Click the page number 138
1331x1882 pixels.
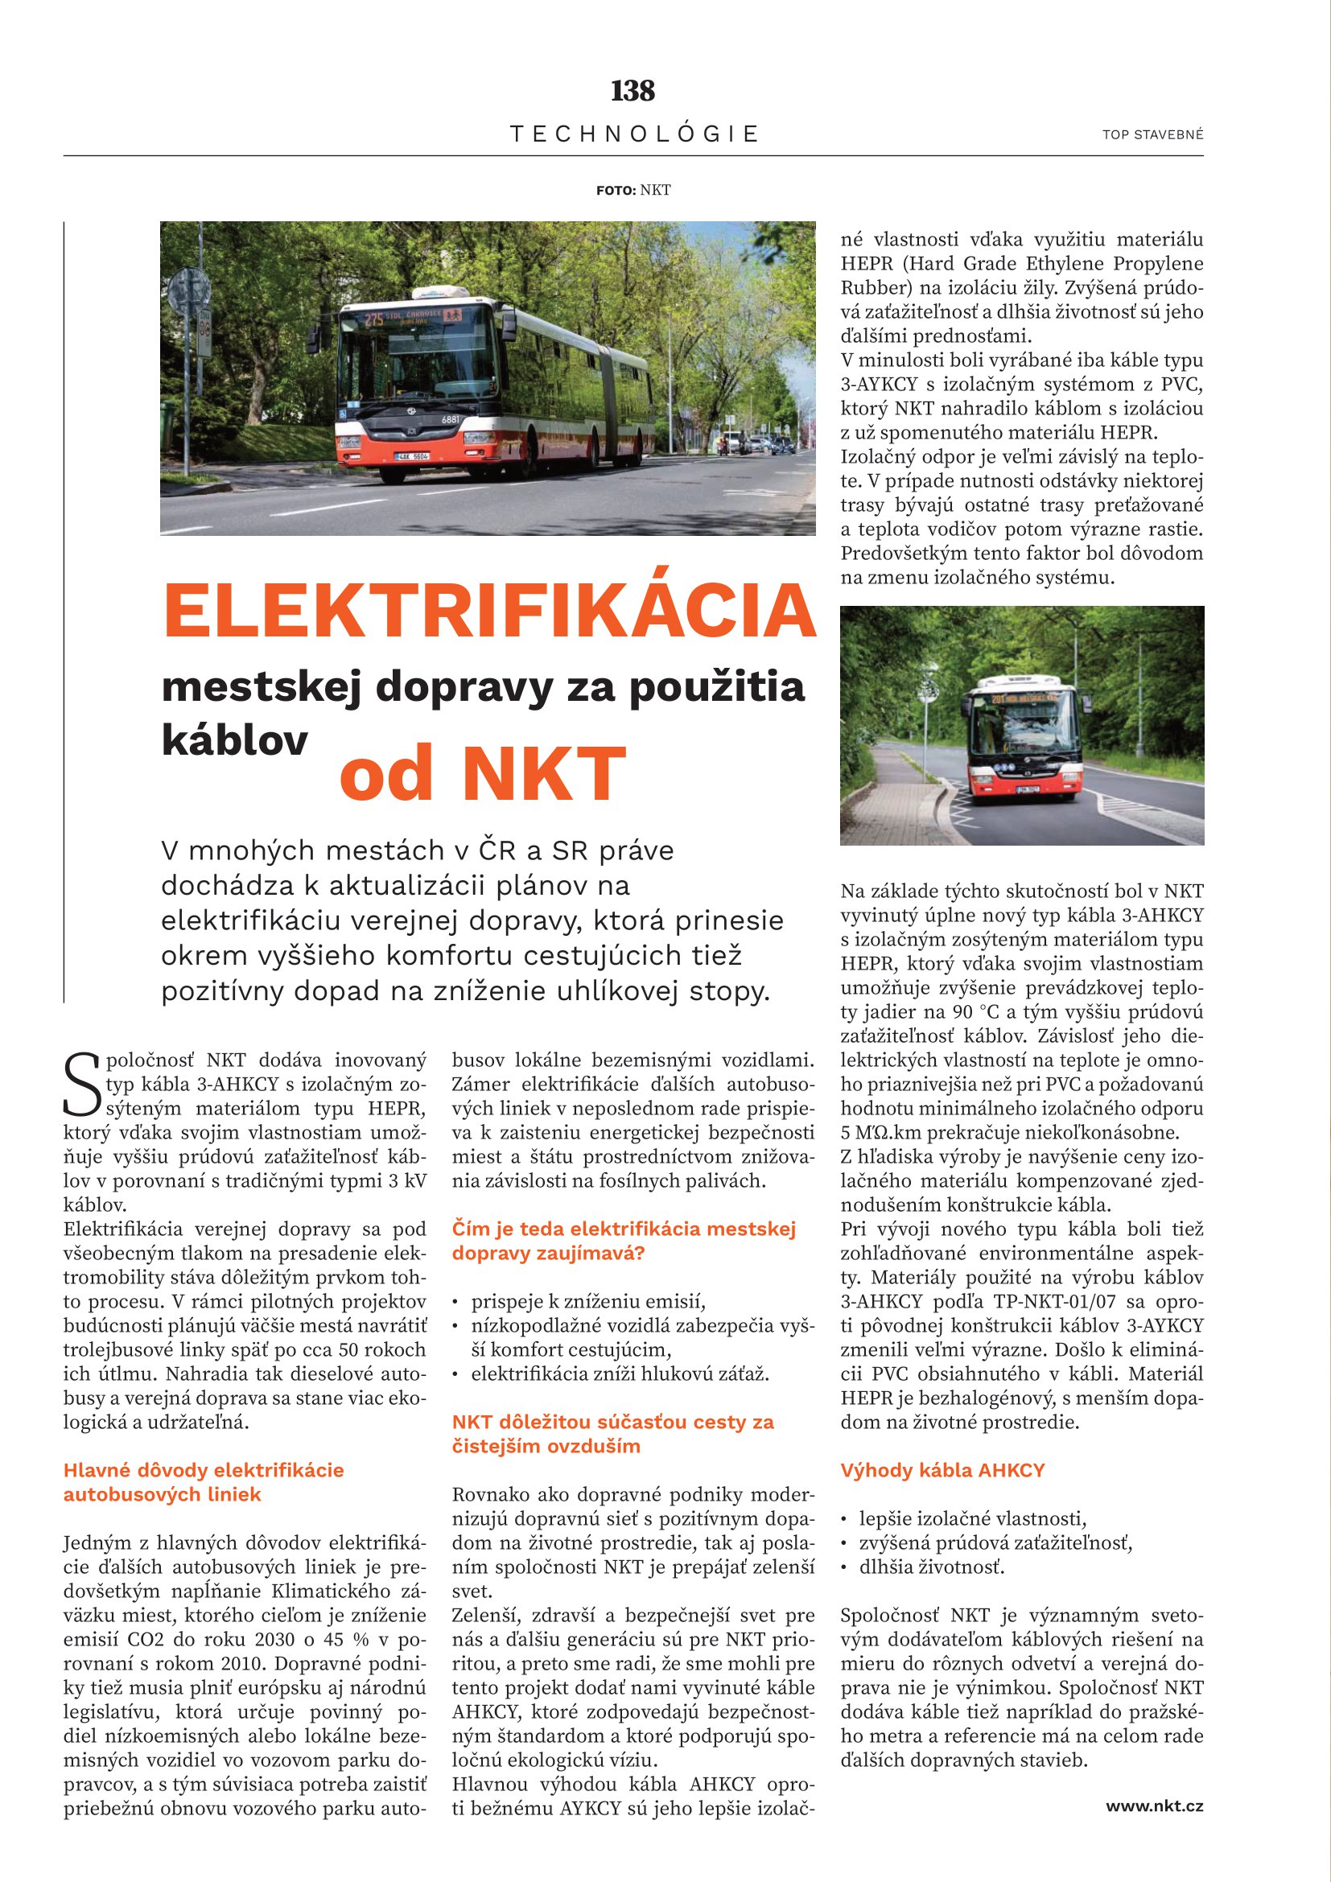point(633,90)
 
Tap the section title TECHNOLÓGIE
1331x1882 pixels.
point(634,134)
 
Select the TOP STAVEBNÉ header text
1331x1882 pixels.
point(1152,134)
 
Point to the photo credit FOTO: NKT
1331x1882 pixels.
point(633,190)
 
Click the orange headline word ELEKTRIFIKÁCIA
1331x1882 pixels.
point(489,611)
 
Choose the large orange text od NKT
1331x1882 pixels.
point(483,773)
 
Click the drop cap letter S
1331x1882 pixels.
point(83,1085)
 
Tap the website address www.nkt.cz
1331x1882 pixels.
point(1154,1805)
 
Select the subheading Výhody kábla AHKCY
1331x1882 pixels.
point(942,1470)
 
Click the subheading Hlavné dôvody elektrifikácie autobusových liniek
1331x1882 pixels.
point(204,1482)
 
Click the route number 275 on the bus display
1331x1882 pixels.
point(373,319)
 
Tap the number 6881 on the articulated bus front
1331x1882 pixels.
point(451,420)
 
